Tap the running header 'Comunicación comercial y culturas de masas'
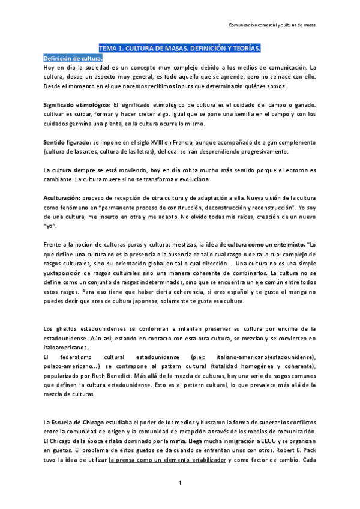(x=277, y=25)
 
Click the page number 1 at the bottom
(x=179, y=483)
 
